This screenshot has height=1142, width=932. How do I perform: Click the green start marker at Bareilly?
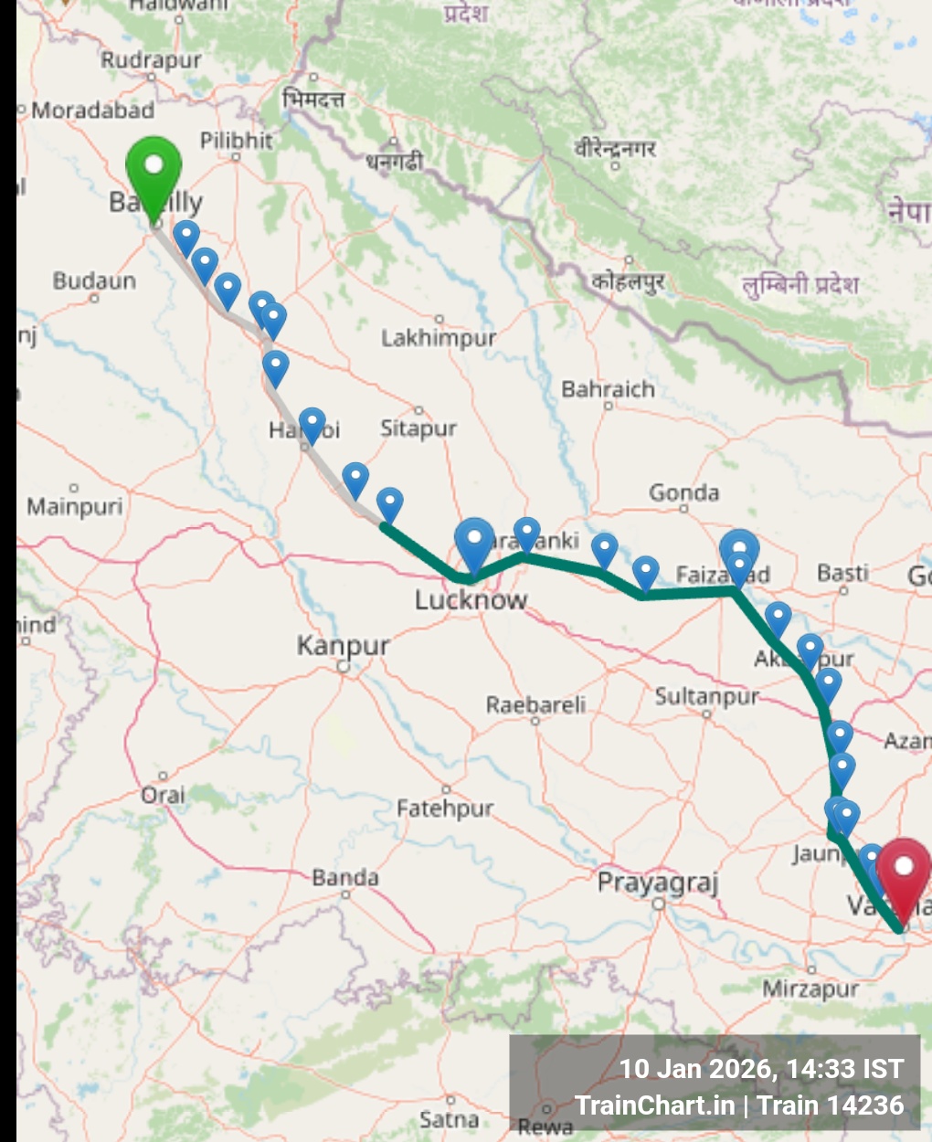[154, 170]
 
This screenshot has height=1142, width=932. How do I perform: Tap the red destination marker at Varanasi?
[903, 872]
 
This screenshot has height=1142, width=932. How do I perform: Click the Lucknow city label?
[471, 600]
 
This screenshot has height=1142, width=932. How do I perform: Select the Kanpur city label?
[343, 646]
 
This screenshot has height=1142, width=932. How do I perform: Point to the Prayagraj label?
[658, 883]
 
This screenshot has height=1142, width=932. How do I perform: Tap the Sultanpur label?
[706, 697]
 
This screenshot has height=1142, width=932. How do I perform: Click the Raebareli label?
[535, 704]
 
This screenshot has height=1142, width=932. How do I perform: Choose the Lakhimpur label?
[439, 338]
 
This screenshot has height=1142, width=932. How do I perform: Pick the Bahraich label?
[608, 389]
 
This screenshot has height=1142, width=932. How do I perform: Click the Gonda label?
[683, 493]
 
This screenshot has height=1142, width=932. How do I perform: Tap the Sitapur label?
[418, 428]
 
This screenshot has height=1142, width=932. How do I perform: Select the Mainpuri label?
[74, 505]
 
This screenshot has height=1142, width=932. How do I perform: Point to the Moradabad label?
[92, 111]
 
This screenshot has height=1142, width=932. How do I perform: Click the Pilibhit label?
[236, 140]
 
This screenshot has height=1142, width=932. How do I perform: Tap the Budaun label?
[94, 280]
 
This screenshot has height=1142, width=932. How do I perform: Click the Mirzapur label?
[810, 989]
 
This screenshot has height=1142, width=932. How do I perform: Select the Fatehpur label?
[445, 808]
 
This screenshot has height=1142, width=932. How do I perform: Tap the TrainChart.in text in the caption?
[654, 1105]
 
